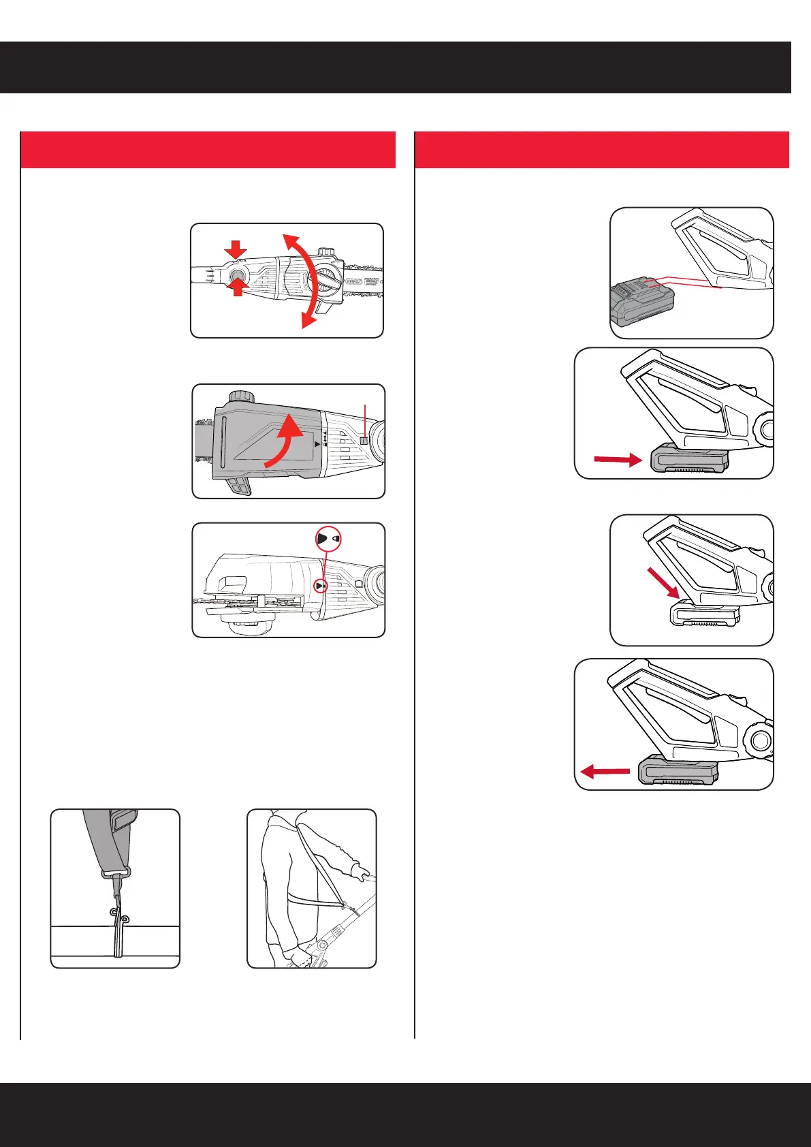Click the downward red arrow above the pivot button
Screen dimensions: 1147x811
236,250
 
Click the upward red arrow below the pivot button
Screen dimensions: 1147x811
236,287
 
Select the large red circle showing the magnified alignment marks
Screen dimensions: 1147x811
328,538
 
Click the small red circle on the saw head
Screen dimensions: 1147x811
321,586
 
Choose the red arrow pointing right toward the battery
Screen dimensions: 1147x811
617,460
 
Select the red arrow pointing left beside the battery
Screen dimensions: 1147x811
605,772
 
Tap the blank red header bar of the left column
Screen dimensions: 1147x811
208,149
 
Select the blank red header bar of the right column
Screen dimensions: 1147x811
602,149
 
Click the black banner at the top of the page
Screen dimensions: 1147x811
395,67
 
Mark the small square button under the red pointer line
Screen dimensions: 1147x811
364,441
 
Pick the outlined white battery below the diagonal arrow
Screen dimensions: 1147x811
705,616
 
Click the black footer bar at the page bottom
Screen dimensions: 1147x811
405,1114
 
